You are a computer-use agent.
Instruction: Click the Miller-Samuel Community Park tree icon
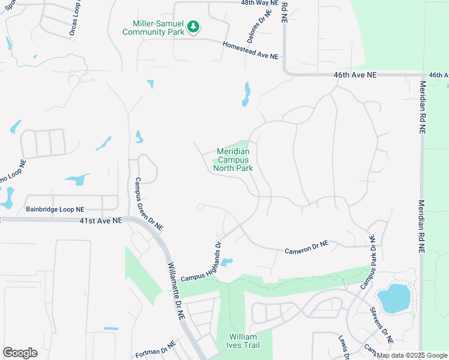tap(193, 26)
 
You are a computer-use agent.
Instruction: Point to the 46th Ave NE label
tap(355, 75)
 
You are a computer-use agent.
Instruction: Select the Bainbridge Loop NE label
tap(55, 209)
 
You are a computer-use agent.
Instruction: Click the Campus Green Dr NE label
tap(148, 204)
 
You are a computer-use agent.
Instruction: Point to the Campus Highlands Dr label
tap(202, 261)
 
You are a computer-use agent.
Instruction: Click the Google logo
tap(20, 353)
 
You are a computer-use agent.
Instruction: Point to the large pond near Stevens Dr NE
tap(394, 298)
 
